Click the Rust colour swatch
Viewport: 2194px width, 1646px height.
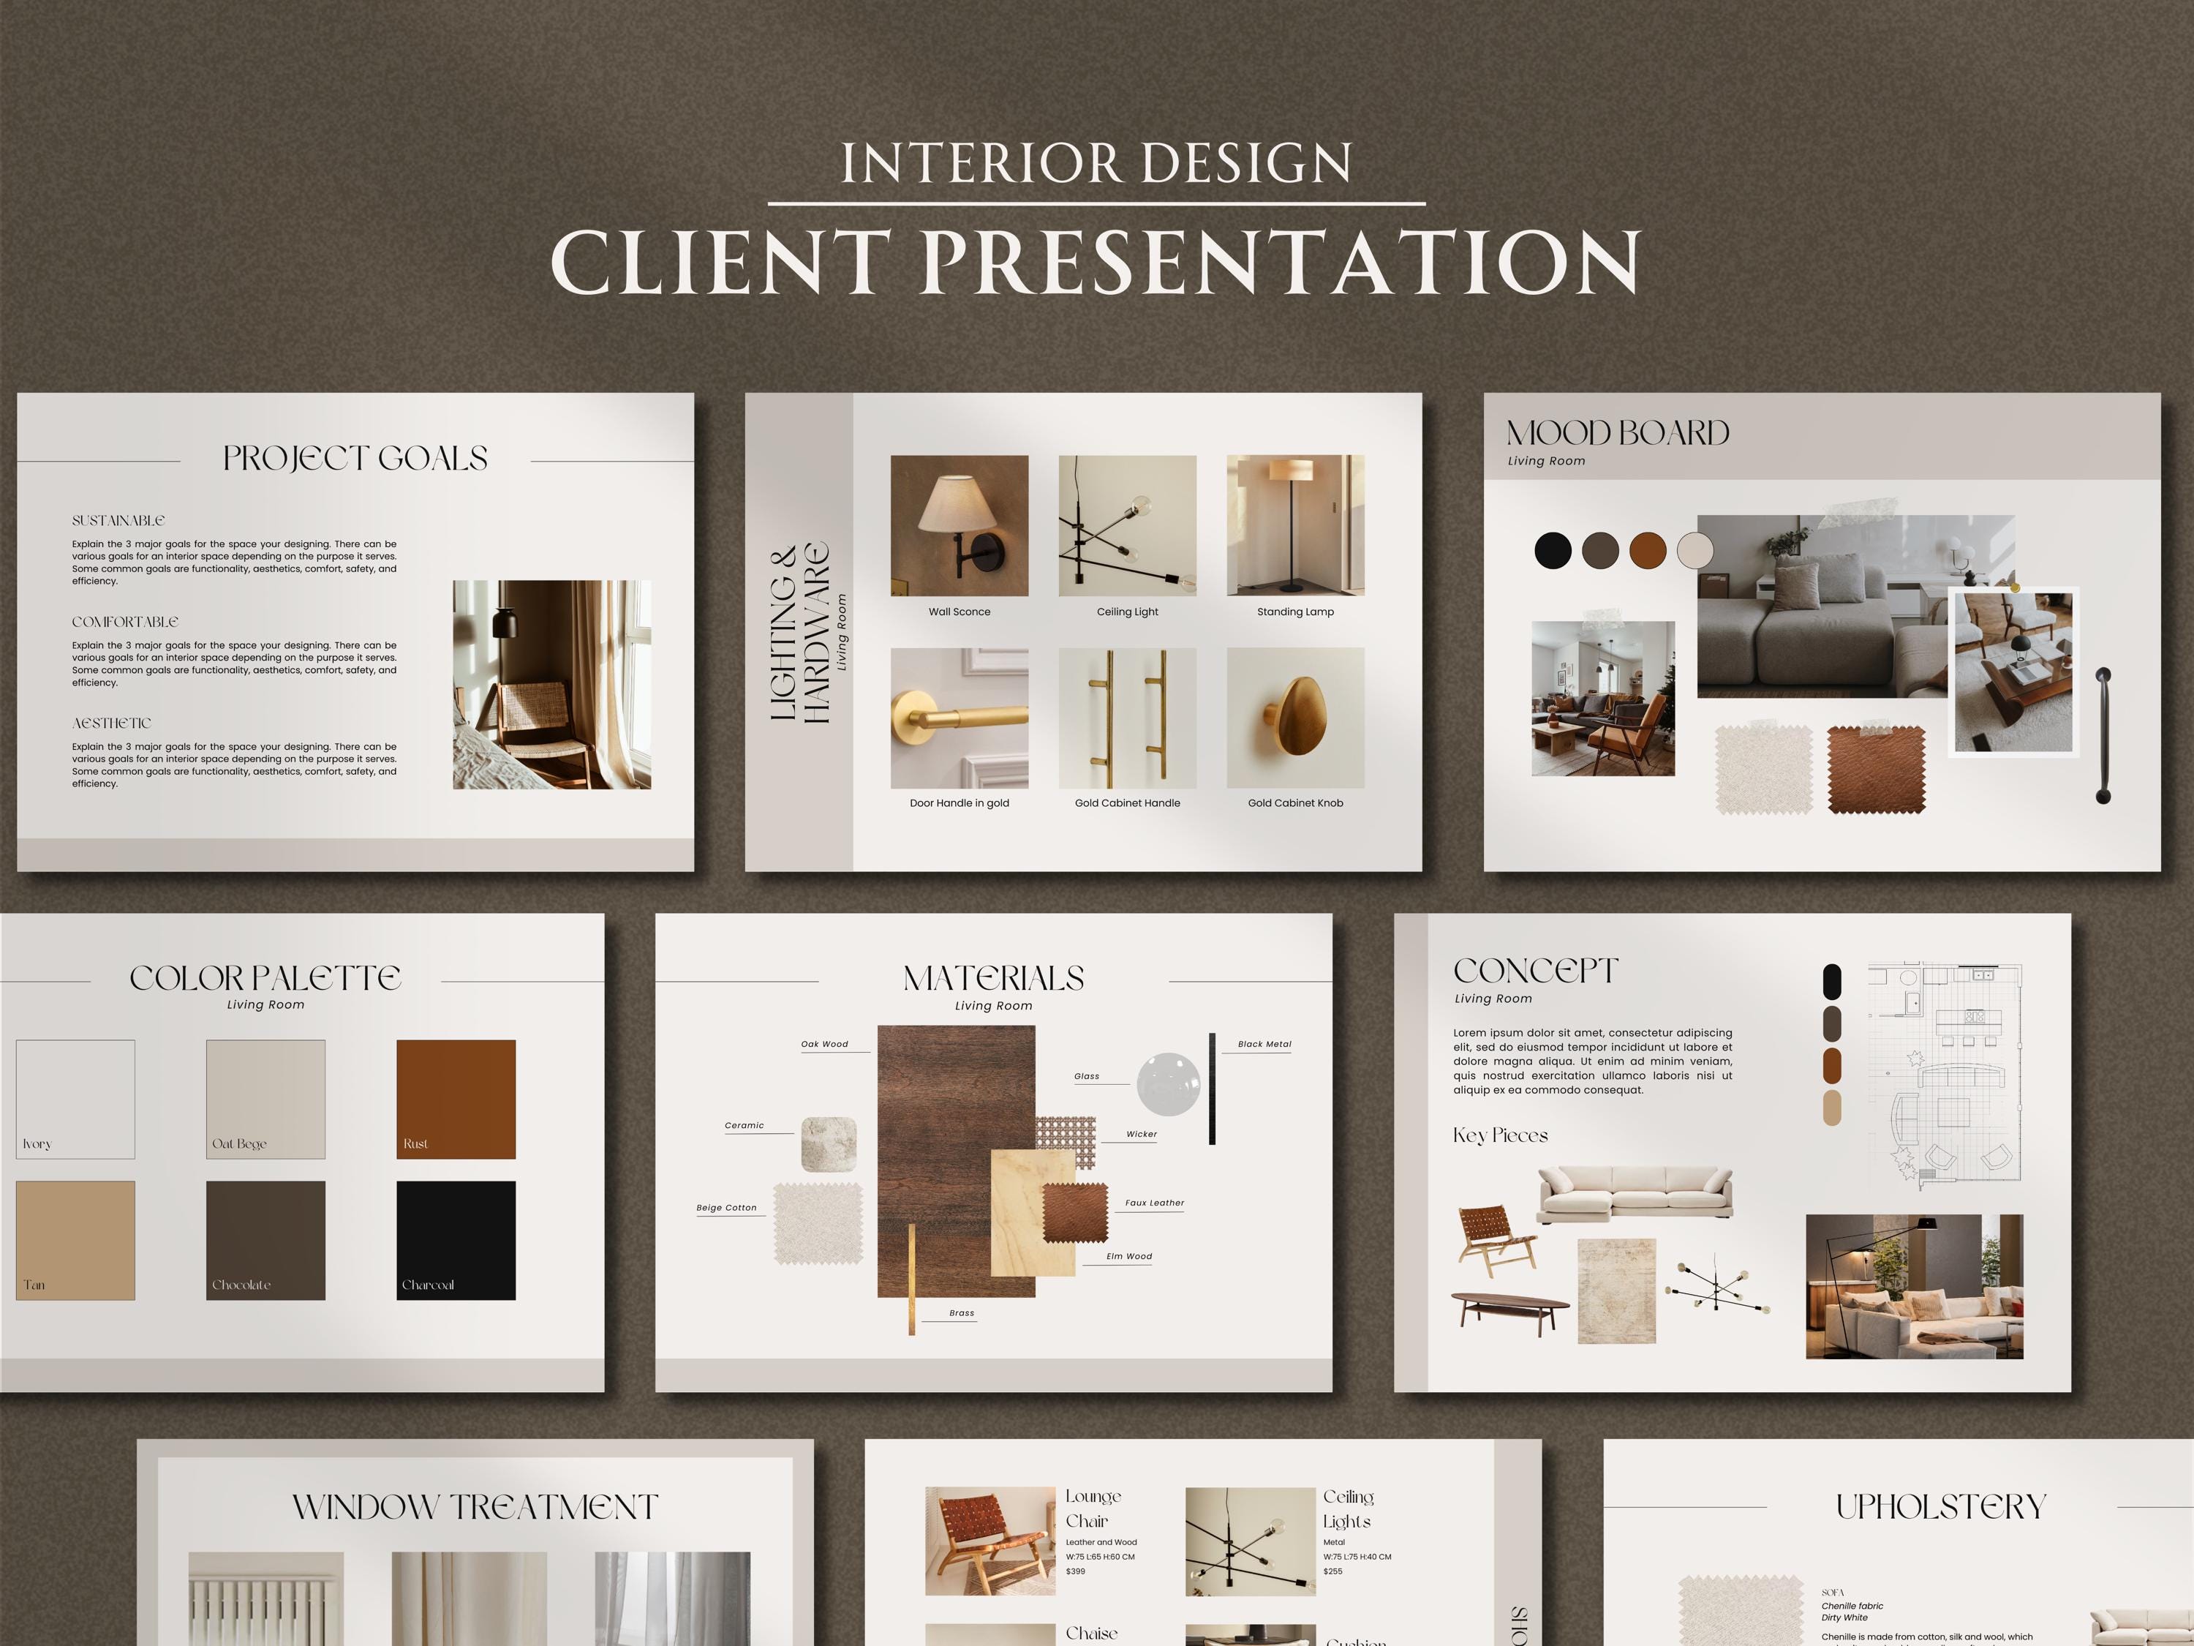[456, 1098]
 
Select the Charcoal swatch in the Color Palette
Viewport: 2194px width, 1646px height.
[456, 1239]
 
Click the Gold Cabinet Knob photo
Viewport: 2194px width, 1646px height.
[1295, 718]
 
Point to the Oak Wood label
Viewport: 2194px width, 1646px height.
[824, 1045]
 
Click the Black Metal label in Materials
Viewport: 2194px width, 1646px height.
[1264, 1045]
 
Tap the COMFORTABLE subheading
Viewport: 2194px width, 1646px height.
[125, 622]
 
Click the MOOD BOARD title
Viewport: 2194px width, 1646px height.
[1617, 434]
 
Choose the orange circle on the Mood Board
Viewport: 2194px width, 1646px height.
[1648, 549]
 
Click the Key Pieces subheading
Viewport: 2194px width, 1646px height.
[1500, 1136]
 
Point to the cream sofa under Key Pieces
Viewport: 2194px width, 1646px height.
[1635, 1192]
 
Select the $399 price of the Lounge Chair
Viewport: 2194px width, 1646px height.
[1075, 1571]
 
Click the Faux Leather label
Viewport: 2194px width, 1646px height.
[1153, 1203]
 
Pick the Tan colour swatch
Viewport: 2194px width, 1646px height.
[75, 1239]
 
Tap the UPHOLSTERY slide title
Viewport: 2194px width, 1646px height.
[1940, 1507]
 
